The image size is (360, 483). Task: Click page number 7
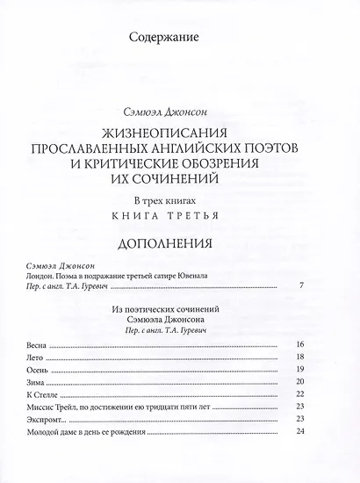(x=300, y=286)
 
